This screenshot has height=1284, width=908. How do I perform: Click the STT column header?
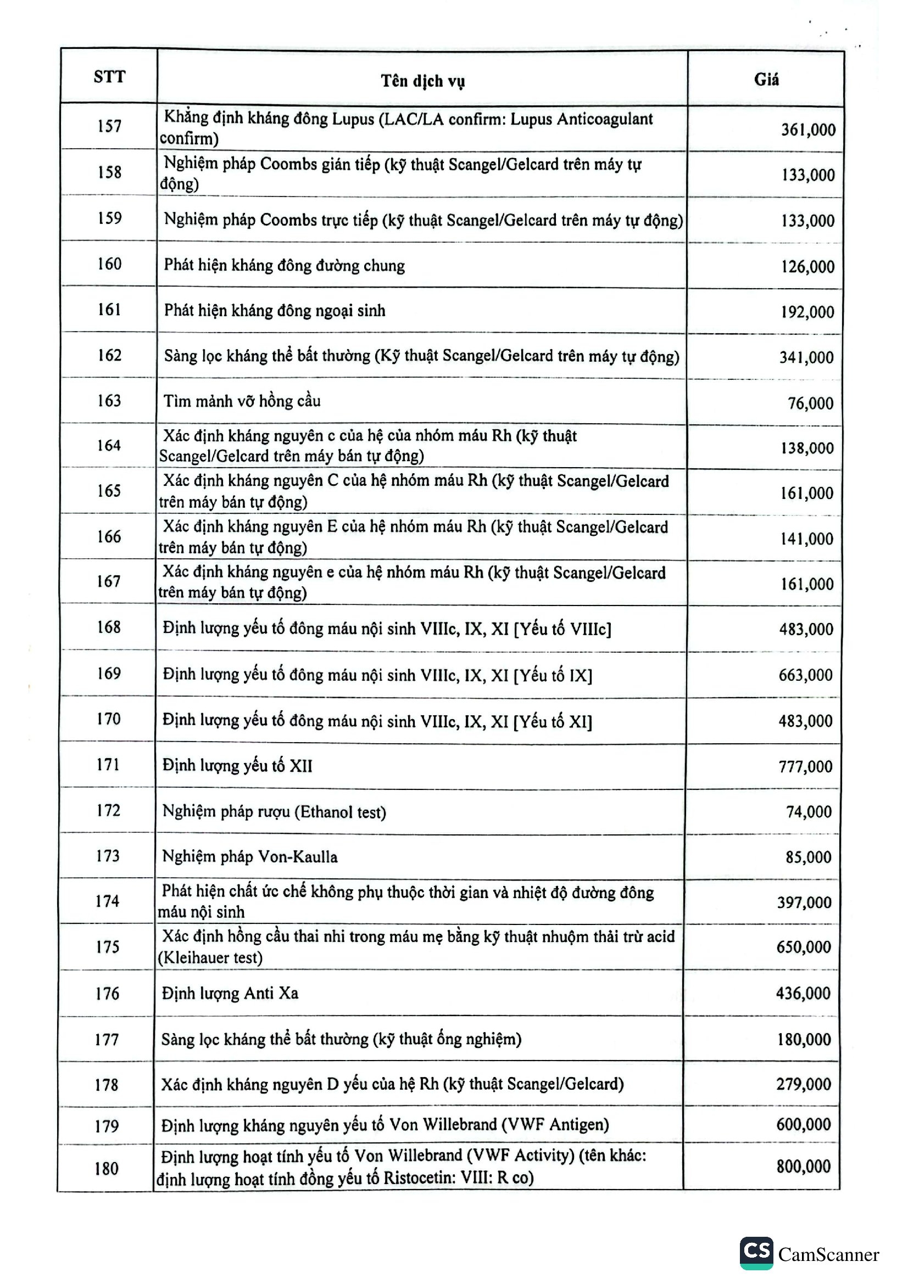110,77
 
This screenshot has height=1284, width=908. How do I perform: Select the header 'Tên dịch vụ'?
422,81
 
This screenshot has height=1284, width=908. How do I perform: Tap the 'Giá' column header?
766,80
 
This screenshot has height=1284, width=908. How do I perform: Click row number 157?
109,126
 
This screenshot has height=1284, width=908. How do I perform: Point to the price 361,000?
808,130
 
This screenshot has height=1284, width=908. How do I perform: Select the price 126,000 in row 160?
807,267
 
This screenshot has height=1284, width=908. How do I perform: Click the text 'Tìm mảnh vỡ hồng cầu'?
242,401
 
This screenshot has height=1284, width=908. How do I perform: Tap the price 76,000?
810,403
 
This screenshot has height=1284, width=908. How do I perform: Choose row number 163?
109,400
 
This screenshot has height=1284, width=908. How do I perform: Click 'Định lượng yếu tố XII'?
237,765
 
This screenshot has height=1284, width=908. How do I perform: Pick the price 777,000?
805,767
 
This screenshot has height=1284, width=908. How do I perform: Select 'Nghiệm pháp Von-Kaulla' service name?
249,857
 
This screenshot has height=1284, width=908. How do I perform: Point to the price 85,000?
808,857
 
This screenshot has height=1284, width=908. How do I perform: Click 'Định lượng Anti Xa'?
230,993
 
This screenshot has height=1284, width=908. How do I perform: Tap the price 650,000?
804,947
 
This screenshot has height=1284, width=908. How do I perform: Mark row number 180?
107,1169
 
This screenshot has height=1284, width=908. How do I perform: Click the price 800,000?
803,1167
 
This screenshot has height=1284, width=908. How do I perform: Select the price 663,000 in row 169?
805,675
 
